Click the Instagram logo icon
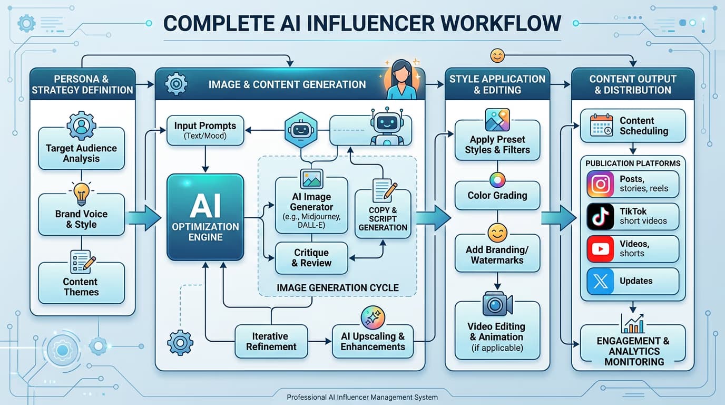tap(601, 185)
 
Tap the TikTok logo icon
tap(601, 216)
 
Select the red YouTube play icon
tap(601, 249)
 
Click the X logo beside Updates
tap(601, 281)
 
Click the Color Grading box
tap(497, 195)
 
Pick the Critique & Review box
tap(311, 258)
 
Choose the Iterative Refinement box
tap(271, 342)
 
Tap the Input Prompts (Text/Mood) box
tap(205, 130)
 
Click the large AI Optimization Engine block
tap(205, 217)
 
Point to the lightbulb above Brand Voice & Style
tap(81, 194)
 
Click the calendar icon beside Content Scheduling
tap(601, 125)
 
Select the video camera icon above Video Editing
tap(497, 304)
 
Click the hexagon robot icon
tap(301, 130)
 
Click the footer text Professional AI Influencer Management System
tap(362, 397)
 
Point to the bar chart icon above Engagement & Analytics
tap(632, 324)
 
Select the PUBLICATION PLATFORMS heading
tap(633, 163)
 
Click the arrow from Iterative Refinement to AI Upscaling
tap(319, 341)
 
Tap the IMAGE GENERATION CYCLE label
tap(338, 288)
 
